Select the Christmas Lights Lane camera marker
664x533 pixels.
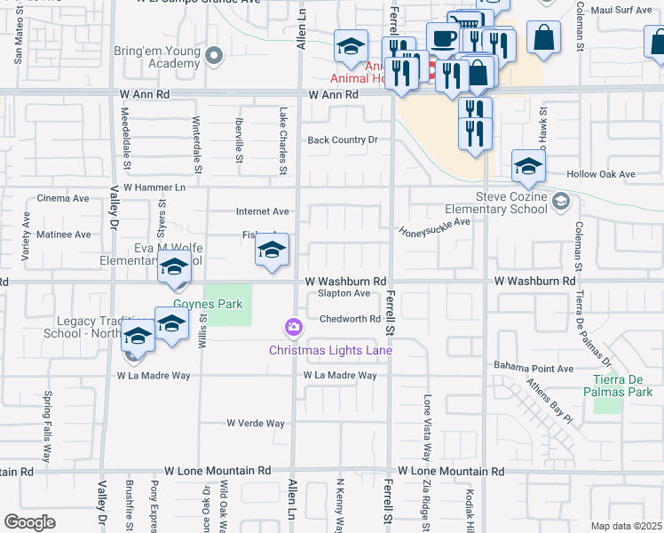tap(293, 329)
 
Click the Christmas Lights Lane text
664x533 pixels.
tap(330, 350)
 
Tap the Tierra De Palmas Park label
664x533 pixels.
tap(622, 386)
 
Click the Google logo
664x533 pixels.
tap(29, 522)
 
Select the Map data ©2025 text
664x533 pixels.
tap(626, 526)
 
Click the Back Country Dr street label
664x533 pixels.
tap(343, 140)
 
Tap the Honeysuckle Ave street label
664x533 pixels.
tap(434, 227)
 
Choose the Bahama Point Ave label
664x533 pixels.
tap(530, 368)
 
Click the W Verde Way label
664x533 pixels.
tap(256, 424)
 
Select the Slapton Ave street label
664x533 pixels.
tap(344, 293)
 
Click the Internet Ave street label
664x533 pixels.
tap(262, 211)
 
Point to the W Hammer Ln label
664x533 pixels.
tap(154, 187)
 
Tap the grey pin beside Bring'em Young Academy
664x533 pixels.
tap(213, 57)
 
